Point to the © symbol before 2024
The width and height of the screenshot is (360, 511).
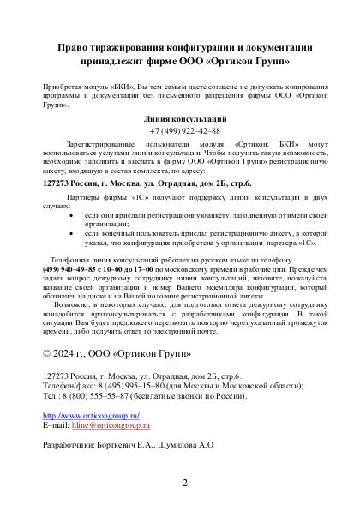tap(47, 352)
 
